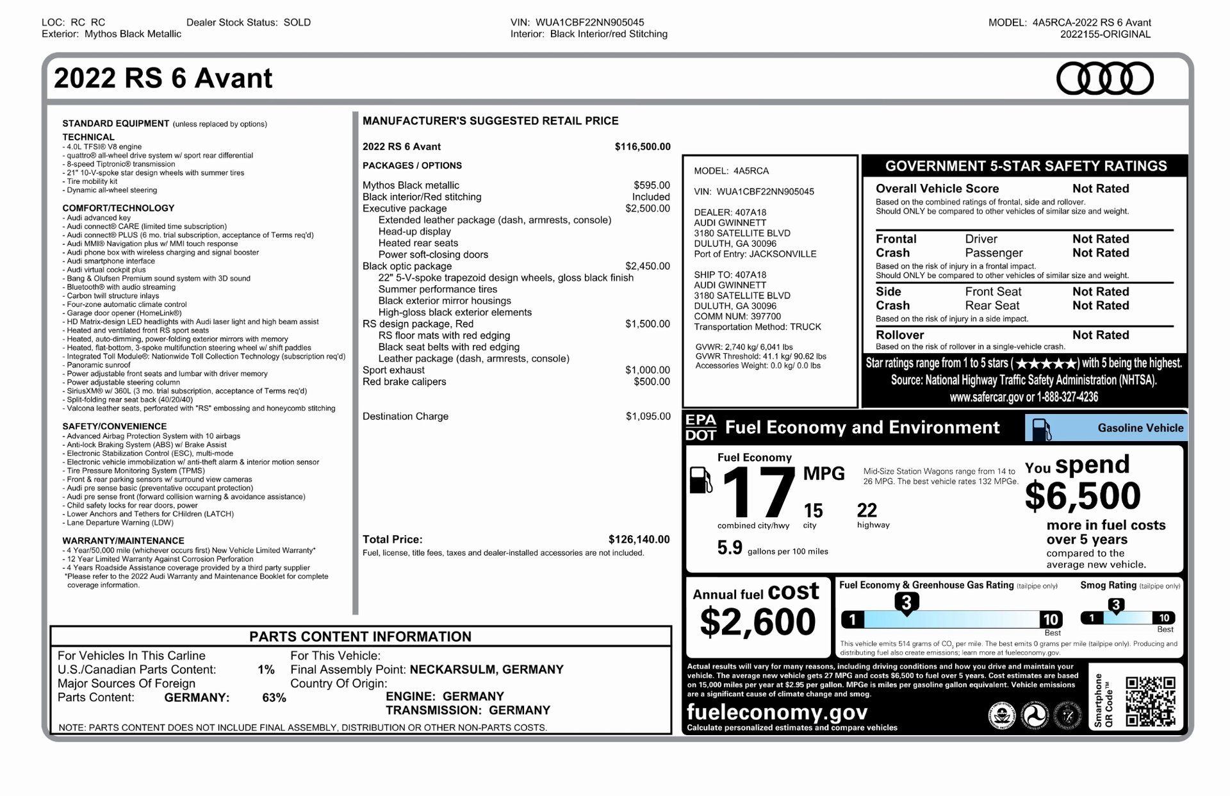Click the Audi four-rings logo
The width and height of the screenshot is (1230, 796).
1104,79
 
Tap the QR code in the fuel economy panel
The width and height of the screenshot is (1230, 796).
1150,701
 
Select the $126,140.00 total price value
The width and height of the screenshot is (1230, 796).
639,540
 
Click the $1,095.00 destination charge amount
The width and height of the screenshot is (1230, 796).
648,416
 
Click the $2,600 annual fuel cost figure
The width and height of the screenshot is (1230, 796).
758,622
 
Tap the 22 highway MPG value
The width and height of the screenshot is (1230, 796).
867,511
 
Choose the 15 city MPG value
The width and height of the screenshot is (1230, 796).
813,511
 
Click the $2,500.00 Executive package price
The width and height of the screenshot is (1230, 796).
647,208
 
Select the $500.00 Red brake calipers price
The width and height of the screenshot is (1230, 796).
652,381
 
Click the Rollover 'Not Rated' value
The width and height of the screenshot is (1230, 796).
1101,335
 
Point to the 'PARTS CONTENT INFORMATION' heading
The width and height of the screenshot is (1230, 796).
360,636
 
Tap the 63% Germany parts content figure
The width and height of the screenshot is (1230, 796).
274,697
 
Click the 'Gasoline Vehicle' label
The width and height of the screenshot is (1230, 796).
1140,427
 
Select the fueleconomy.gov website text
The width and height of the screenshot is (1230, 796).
777,712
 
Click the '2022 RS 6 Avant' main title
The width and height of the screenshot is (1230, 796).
163,78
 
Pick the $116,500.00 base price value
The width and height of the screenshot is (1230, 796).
643,146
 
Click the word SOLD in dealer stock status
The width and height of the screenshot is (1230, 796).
297,22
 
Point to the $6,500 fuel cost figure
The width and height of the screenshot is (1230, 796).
1083,495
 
